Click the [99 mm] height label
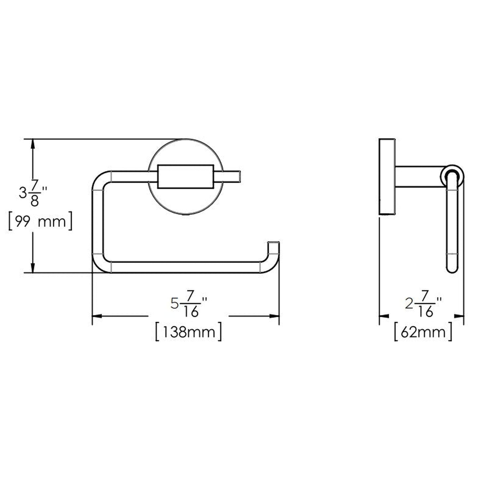40,222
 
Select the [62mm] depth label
423,332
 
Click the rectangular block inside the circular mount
186,176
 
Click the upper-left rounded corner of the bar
100,180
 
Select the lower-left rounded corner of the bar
100,264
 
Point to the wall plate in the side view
387,177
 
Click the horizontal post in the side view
418,177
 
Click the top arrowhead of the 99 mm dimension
32,144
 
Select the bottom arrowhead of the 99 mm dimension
32,268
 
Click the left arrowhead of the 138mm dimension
97,316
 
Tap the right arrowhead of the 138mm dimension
275,316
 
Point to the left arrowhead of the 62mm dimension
383,316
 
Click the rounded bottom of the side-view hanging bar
452,269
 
